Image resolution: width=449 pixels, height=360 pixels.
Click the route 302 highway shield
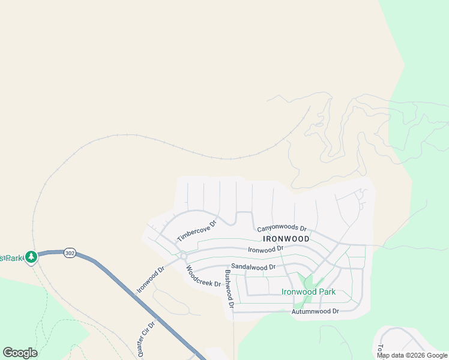[x=70, y=253]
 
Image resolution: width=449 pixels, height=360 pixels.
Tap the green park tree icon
[x=31, y=257]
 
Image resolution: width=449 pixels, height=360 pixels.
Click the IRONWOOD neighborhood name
[x=286, y=239]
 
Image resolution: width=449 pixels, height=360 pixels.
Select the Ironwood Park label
[x=308, y=292]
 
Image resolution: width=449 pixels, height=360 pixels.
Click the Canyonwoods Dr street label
[x=282, y=229]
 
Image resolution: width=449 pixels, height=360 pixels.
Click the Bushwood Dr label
[x=229, y=289]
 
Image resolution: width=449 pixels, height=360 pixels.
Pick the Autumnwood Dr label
[x=315, y=311]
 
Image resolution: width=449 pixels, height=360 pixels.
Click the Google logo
[x=20, y=353]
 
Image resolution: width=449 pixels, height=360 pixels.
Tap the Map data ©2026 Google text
[x=412, y=355]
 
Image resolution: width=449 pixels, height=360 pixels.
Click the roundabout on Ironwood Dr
[x=184, y=256]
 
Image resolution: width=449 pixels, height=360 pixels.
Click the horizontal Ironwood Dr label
[x=265, y=249]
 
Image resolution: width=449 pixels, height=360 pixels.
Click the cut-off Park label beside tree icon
[x=10, y=258]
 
